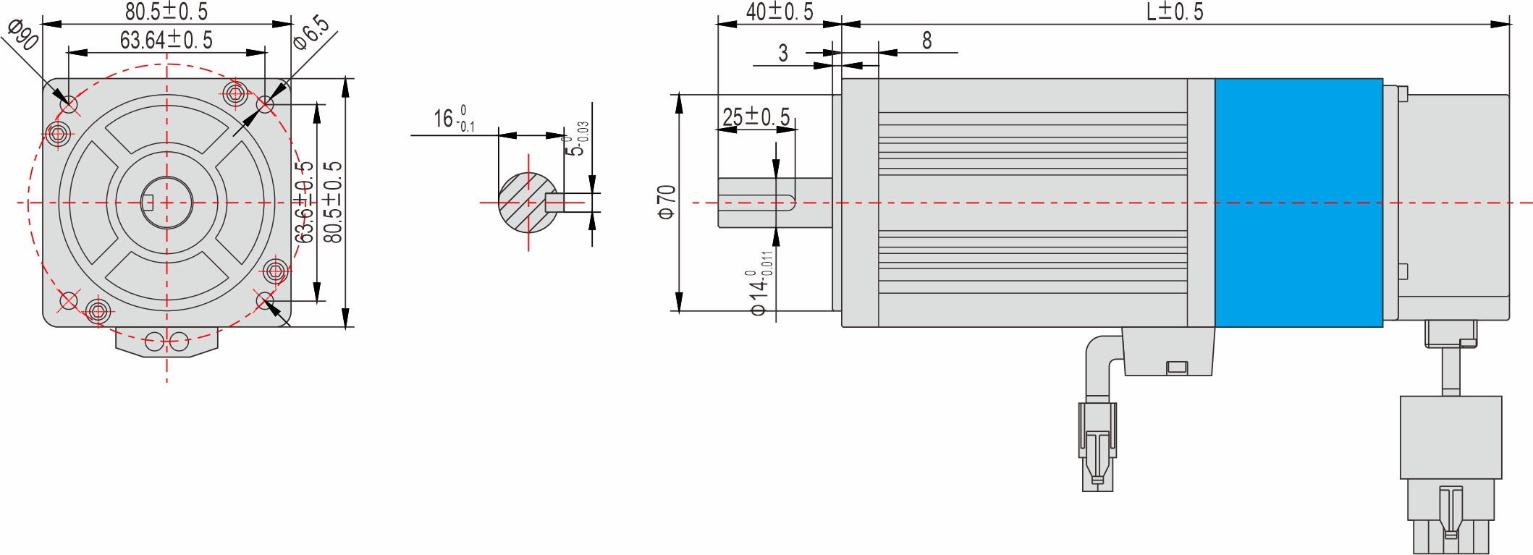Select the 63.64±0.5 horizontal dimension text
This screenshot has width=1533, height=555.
click(x=166, y=41)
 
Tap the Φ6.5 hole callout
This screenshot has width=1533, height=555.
click(x=311, y=33)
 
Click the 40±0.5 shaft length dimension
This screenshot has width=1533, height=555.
click(x=779, y=12)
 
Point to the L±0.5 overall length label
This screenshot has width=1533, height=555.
click(x=1174, y=12)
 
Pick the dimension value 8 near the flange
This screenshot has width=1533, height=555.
click(x=926, y=41)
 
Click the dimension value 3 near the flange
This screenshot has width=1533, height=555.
click(x=782, y=53)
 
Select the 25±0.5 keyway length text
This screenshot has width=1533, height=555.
click(x=756, y=117)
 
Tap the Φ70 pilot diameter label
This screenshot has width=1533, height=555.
click(x=666, y=202)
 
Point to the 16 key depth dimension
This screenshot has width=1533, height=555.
click(x=453, y=119)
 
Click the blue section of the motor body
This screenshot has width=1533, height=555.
click(x=1298, y=203)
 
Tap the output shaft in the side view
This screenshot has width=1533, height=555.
click(x=774, y=203)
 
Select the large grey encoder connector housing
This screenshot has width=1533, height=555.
click(x=1450, y=437)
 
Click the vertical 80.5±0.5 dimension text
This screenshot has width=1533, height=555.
click(x=332, y=202)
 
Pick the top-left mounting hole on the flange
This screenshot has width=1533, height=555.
click(x=69, y=104)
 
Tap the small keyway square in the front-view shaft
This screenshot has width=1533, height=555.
click(x=148, y=203)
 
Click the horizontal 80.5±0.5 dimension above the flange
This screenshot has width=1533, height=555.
click(x=166, y=12)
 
